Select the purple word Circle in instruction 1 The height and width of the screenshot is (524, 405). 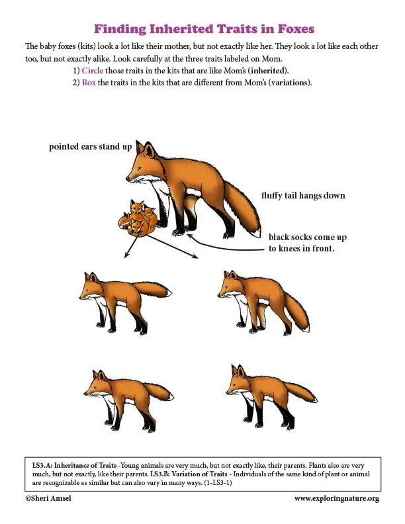click(x=93, y=71)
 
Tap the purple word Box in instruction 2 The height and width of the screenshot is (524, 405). click(x=89, y=82)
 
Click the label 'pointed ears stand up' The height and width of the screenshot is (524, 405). click(x=90, y=147)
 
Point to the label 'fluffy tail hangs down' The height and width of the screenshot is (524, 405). click(x=303, y=195)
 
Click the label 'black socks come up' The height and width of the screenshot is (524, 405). click(x=308, y=238)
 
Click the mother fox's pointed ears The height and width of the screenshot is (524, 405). click(x=146, y=149)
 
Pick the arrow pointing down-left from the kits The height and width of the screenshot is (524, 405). click(x=136, y=245)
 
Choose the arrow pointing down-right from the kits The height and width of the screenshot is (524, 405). click(x=173, y=246)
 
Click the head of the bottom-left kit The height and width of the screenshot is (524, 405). click(x=97, y=384)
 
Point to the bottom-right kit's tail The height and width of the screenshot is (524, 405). click(x=300, y=392)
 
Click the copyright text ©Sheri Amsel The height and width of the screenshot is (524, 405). click(x=48, y=498)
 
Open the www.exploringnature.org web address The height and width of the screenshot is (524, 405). click(x=337, y=499)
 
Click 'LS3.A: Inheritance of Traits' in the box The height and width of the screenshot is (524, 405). click(x=74, y=465)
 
